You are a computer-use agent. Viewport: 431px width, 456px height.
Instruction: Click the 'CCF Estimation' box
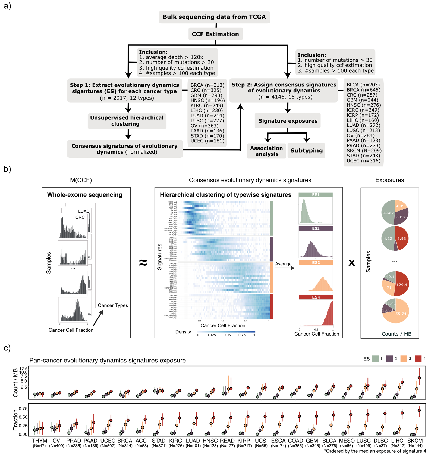[215, 34]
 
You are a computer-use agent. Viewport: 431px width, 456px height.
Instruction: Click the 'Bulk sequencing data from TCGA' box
[214, 17]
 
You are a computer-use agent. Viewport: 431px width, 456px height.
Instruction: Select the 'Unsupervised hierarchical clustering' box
[127, 121]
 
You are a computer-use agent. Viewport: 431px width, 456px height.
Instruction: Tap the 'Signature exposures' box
[288, 121]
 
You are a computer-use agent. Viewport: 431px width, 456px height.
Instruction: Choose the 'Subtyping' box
[306, 151]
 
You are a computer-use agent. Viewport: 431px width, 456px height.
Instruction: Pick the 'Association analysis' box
[266, 151]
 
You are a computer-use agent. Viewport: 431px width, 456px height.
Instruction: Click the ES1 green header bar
[316, 195]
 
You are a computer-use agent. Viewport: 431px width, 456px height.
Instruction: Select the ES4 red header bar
[316, 297]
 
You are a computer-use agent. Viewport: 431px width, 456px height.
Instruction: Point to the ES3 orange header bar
[316, 263]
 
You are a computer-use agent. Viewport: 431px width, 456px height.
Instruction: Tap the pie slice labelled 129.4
[402, 284]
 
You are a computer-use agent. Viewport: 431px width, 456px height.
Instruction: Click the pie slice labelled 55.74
[399, 314]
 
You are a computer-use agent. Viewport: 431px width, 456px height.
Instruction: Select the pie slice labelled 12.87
[388, 213]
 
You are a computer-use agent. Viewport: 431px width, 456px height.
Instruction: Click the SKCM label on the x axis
[415, 441]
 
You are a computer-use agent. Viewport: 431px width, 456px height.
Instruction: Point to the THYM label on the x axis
[40, 441]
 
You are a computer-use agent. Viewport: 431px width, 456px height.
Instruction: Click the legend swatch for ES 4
[418, 359]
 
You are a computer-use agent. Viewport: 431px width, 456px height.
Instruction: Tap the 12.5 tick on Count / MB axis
[23, 369]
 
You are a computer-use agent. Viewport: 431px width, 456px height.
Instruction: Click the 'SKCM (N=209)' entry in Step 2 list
[364, 151]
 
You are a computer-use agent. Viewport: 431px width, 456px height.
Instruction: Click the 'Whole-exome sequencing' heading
[85, 195]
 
